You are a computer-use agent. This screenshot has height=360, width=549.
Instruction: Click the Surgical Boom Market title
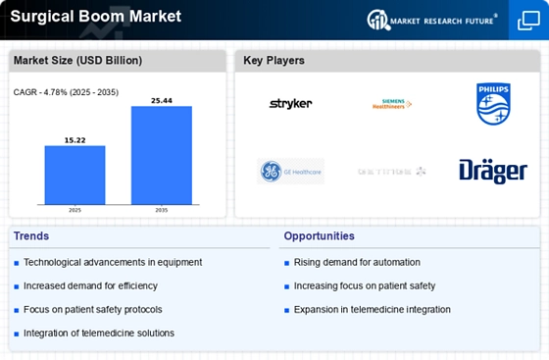point(83,17)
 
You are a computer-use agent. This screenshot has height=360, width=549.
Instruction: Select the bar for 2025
point(75,175)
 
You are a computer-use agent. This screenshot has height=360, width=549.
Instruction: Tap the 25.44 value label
point(161,99)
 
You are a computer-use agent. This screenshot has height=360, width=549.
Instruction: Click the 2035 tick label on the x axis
point(161,210)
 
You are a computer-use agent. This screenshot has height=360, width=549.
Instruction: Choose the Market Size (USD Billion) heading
point(77,61)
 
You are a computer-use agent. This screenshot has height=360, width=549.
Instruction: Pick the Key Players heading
point(274,61)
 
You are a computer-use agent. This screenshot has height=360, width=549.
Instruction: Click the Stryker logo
point(290,104)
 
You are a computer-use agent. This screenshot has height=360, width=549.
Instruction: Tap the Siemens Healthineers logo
point(392,104)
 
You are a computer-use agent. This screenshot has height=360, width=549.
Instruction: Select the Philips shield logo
point(493,104)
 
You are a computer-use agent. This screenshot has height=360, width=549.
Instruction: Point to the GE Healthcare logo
point(290,171)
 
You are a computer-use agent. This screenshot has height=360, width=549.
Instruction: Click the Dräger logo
point(493,171)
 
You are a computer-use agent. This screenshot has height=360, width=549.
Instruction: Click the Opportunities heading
point(320,236)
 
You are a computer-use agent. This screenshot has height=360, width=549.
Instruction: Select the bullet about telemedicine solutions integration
point(98,334)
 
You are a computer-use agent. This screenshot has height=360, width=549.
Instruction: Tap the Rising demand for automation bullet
point(357,262)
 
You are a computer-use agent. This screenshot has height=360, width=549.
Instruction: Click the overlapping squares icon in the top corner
point(526,20)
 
